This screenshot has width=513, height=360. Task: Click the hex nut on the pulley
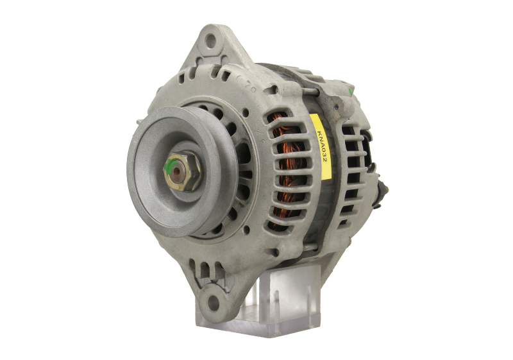point(182,171)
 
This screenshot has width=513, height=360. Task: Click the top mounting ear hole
point(210,41)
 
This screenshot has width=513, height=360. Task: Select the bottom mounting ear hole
point(213,302)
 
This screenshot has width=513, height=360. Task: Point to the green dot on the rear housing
point(351,92)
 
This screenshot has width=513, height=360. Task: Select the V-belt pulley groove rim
point(183,171)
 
